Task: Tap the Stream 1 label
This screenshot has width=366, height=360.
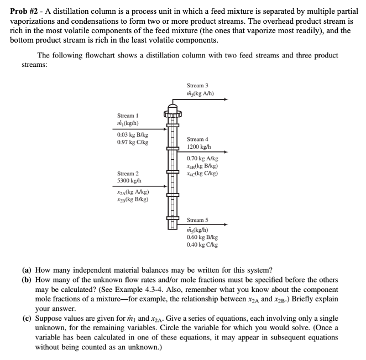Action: point(128,116)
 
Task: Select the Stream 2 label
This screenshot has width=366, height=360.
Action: point(128,173)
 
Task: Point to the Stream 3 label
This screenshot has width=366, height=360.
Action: point(197,86)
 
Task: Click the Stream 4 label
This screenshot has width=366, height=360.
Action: point(197,139)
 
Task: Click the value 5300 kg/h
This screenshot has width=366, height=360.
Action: point(130,181)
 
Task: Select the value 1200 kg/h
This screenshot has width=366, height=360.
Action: point(200,147)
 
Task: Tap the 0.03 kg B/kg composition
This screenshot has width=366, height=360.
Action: point(132,134)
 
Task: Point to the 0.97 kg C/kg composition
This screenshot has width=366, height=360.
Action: point(132,142)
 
